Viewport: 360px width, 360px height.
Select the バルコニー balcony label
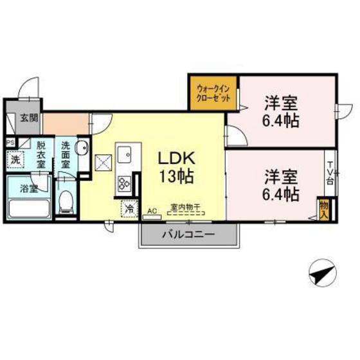(188, 235)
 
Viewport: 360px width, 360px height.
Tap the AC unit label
(152, 210)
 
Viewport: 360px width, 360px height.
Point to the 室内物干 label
(184, 207)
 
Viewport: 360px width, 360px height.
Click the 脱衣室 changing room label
(40, 154)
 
